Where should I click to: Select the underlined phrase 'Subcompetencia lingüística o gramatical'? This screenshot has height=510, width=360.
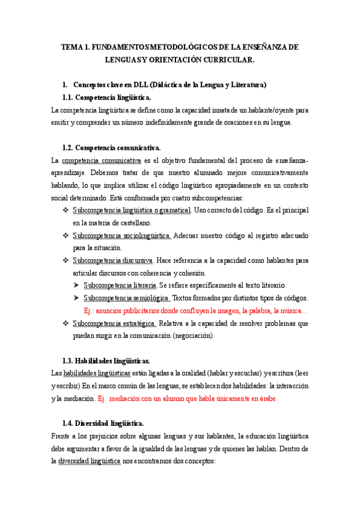132,210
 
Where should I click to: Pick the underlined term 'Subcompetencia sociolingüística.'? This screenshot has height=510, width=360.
122,235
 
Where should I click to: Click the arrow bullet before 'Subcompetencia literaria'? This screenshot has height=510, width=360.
76,285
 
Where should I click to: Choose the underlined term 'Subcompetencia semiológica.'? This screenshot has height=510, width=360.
127,298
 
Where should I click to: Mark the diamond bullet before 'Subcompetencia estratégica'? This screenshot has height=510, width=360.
66,324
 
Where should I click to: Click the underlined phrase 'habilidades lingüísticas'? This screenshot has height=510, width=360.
97,373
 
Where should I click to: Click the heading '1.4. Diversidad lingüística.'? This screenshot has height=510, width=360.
103,423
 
